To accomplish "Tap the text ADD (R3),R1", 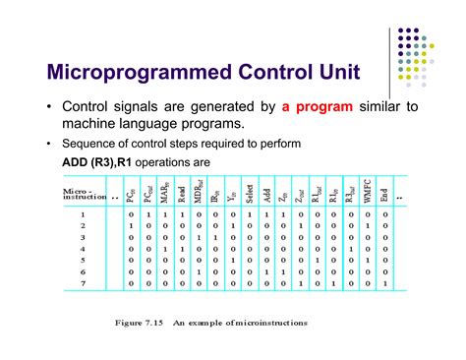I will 78,161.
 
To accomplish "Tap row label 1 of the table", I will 83,212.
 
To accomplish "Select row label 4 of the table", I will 83,250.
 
